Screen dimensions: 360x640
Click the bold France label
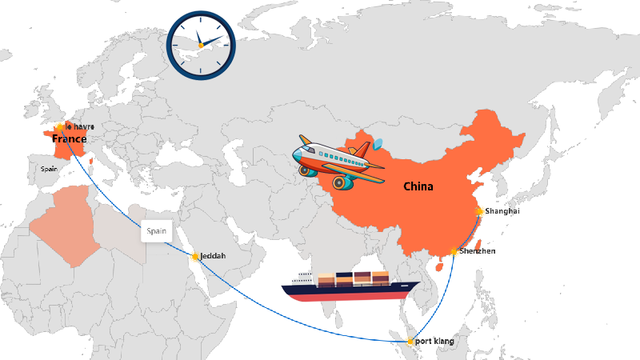[x=69, y=139]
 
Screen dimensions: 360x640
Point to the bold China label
[x=418, y=186]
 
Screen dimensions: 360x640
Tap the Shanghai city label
[x=502, y=211]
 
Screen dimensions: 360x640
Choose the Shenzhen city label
[x=478, y=251]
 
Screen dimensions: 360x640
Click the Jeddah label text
[x=213, y=256]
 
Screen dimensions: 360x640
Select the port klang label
[x=434, y=342]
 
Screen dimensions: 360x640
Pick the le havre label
[x=80, y=126]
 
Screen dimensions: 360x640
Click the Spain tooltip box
[x=157, y=231]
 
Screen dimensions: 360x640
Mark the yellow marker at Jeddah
[x=195, y=257]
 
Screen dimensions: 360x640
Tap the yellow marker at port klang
[x=410, y=342]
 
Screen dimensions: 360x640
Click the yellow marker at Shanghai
[x=479, y=211]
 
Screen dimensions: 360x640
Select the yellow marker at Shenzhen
[x=454, y=252]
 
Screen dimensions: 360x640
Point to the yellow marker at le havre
[x=61, y=127]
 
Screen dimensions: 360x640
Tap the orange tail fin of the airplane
[x=361, y=150]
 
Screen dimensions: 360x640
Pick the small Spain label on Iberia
[x=50, y=169]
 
